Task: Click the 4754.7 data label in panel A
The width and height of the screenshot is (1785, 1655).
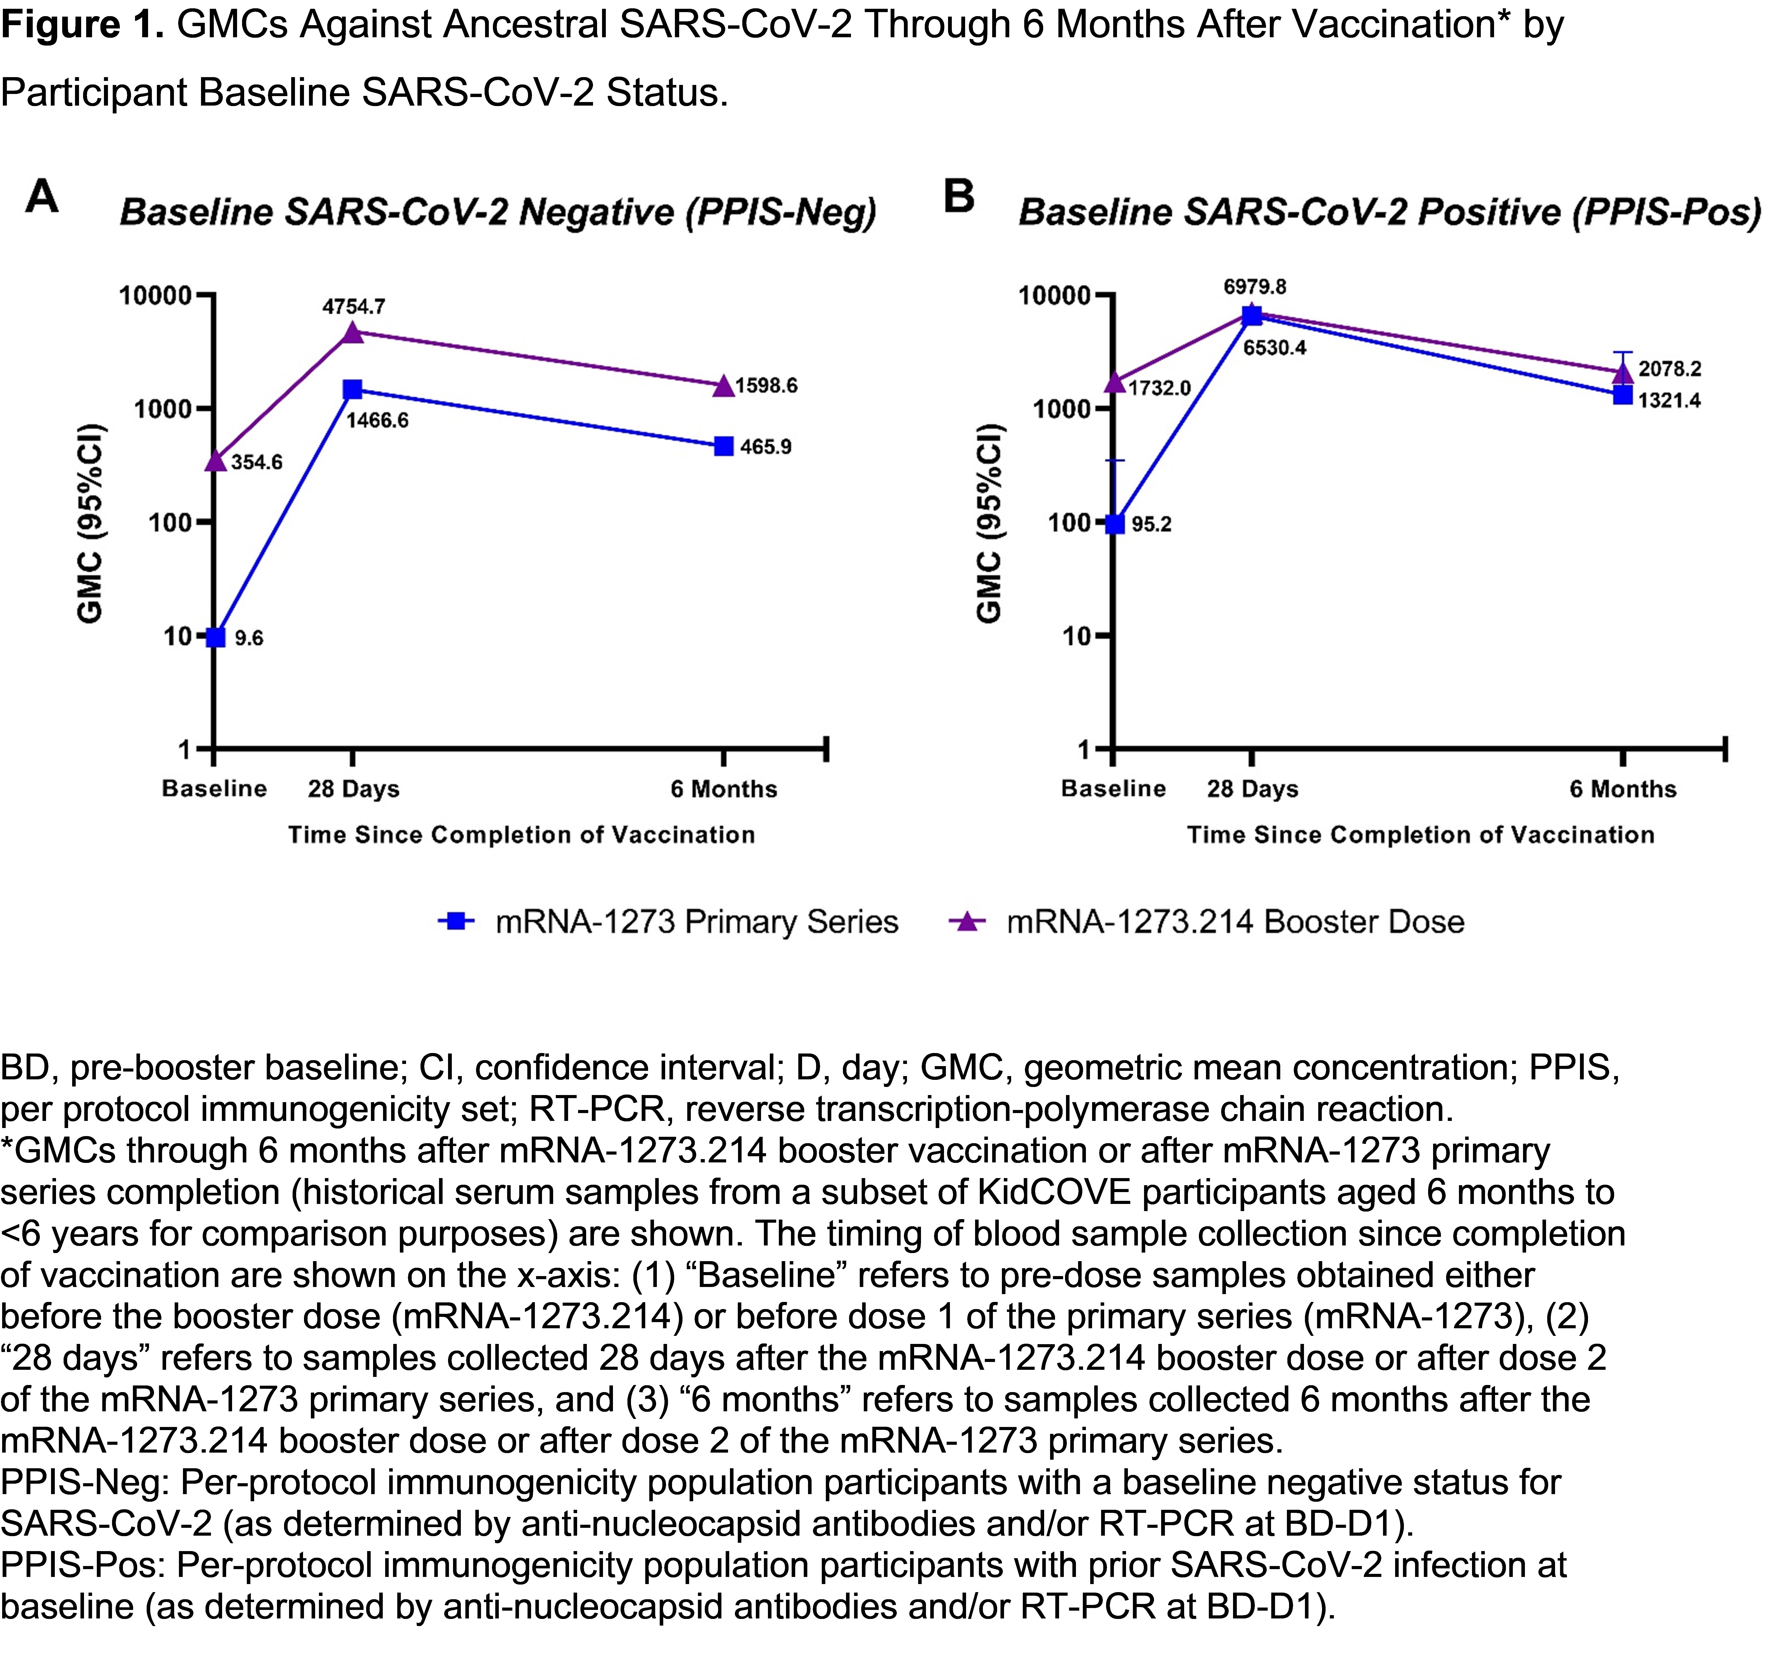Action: click(x=354, y=307)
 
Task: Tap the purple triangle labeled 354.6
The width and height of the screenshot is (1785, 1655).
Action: click(x=215, y=460)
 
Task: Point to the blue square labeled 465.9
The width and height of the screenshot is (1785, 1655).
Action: click(x=724, y=446)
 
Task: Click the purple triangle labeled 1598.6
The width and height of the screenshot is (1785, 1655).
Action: click(x=724, y=386)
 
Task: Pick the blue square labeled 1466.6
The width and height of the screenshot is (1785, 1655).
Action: click(x=353, y=390)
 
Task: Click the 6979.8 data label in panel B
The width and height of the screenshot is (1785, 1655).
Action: click(x=1255, y=287)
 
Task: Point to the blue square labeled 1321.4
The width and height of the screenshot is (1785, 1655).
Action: click(x=1623, y=395)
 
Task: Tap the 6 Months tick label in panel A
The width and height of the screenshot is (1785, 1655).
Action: click(x=724, y=789)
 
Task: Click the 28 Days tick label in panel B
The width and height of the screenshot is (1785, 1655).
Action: click(x=1252, y=789)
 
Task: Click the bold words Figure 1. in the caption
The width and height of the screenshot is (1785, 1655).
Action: click(x=81, y=24)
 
